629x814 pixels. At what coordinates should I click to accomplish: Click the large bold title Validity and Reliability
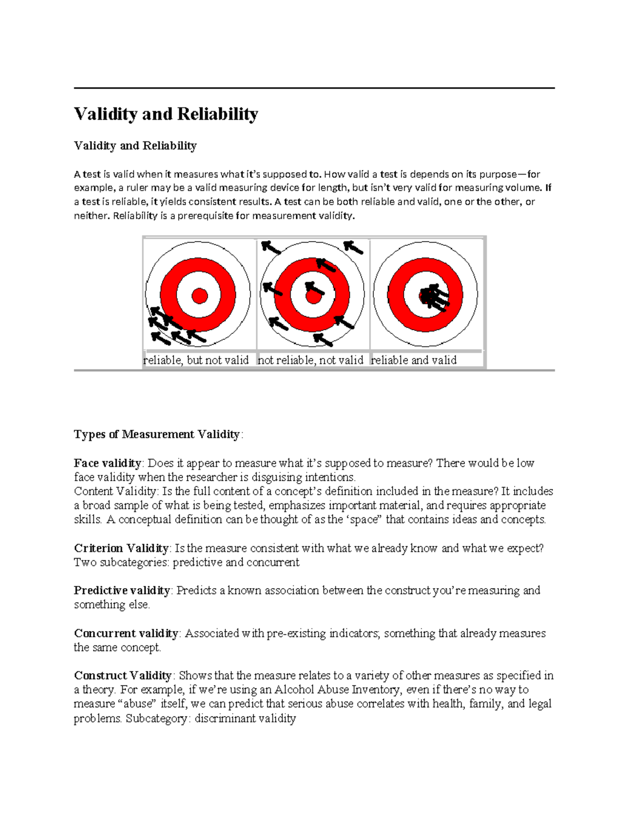166,114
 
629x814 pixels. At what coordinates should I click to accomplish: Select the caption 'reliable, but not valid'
196,360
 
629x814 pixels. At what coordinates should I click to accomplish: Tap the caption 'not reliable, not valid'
310,360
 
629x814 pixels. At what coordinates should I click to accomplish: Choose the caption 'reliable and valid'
414,360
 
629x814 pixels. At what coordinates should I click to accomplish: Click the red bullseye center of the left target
199,296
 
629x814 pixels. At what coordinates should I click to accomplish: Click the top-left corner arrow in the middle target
271,247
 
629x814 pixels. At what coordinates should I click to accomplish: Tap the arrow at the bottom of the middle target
323,340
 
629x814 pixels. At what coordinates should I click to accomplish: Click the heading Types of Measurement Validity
157,435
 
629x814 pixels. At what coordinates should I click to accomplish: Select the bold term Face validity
107,463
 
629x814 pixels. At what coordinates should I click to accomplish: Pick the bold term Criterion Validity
121,548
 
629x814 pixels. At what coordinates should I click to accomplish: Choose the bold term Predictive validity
122,591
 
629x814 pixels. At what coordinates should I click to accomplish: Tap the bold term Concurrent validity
126,634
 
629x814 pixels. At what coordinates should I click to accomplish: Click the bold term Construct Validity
123,676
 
